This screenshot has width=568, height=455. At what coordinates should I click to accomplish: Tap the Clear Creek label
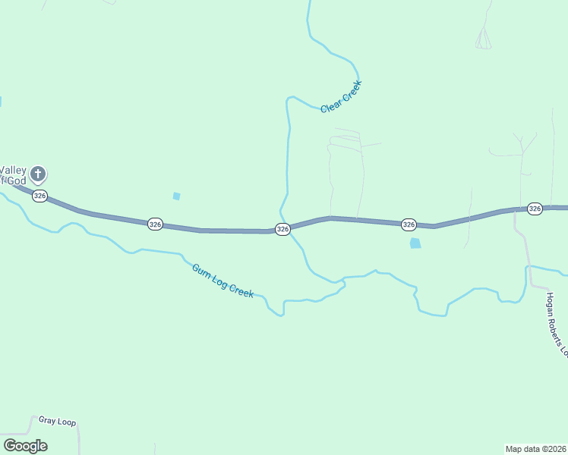[342, 97]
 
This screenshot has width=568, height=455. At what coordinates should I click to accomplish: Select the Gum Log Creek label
[222, 281]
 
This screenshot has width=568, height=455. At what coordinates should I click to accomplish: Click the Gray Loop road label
[58, 422]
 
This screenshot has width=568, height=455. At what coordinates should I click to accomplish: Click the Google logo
[25, 445]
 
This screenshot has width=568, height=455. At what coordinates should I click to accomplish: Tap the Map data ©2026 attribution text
[536, 448]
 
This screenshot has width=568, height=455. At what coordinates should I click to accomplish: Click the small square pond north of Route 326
[177, 196]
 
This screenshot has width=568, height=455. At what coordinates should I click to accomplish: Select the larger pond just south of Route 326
[415, 243]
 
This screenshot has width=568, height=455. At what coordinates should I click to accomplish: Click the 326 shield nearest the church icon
[40, 196]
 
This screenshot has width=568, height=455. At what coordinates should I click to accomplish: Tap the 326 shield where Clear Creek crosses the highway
[282, 229]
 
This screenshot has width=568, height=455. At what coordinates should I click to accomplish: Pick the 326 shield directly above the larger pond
[409, 224]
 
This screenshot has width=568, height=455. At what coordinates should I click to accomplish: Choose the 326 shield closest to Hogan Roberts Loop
[535, 209]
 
